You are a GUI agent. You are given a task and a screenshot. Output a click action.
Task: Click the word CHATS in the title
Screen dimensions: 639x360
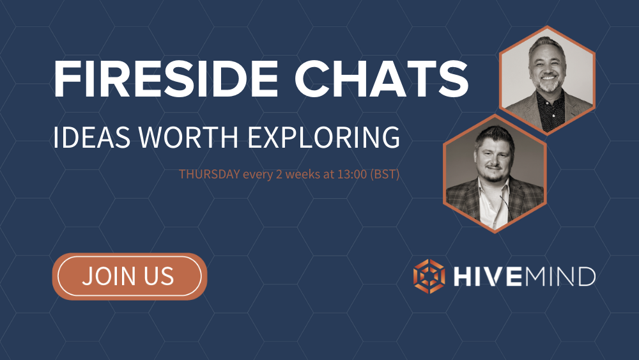click(381, 79)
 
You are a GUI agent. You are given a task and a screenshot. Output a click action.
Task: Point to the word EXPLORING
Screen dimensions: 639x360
click(323, 137)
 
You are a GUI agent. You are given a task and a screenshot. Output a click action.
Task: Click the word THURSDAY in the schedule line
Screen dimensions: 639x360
click(210, 174)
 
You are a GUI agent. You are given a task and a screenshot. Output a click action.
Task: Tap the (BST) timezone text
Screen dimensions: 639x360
click(385, 175)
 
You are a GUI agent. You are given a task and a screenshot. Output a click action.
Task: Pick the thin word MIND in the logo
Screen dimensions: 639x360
click(560, 277)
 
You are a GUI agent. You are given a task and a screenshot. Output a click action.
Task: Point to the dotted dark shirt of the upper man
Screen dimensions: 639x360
click(551, 110)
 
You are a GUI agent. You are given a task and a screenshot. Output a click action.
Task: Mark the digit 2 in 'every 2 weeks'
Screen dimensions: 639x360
click(279, 174)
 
